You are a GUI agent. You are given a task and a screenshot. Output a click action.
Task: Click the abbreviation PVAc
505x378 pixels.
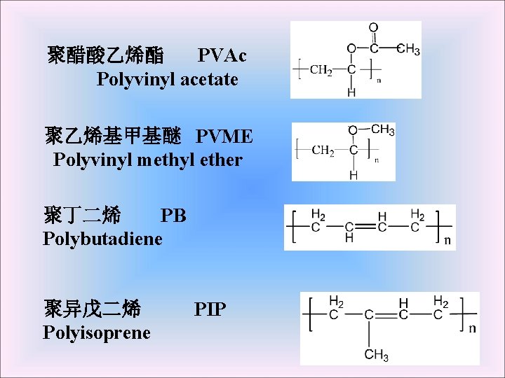[222, 55]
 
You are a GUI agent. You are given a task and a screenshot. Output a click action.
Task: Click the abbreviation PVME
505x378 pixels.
[224, 135]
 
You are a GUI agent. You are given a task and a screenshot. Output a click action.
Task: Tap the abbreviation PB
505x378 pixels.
[173, 215]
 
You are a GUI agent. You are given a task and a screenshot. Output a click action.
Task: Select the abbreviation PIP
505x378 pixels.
[210, 308]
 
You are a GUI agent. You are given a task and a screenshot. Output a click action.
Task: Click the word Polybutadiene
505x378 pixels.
[102, 239]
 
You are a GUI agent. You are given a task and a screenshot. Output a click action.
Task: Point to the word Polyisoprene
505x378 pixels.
[97, 332]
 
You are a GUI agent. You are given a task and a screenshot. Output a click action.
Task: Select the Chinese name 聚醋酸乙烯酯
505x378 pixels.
[106, 55]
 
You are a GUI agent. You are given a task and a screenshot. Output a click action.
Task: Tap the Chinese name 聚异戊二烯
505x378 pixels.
[92, 308]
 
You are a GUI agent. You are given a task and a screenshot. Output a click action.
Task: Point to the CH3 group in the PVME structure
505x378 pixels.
[382, 129]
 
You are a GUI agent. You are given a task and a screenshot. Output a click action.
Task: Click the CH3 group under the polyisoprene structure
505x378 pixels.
[377, 355]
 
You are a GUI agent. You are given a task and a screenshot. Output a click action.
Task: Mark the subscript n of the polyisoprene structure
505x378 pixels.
[472, 328]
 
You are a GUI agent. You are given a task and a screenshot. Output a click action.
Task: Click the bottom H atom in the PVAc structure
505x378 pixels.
[351, 92]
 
